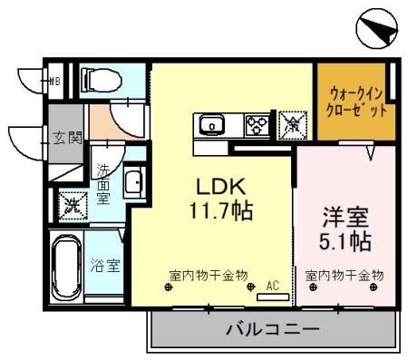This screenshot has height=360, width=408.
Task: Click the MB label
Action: tap(53, 79)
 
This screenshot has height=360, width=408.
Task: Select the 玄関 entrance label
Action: tap(66, 139)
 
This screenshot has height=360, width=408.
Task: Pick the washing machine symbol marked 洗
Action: tap(70, 204)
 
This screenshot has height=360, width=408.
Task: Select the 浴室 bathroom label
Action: tap(105, 266)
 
